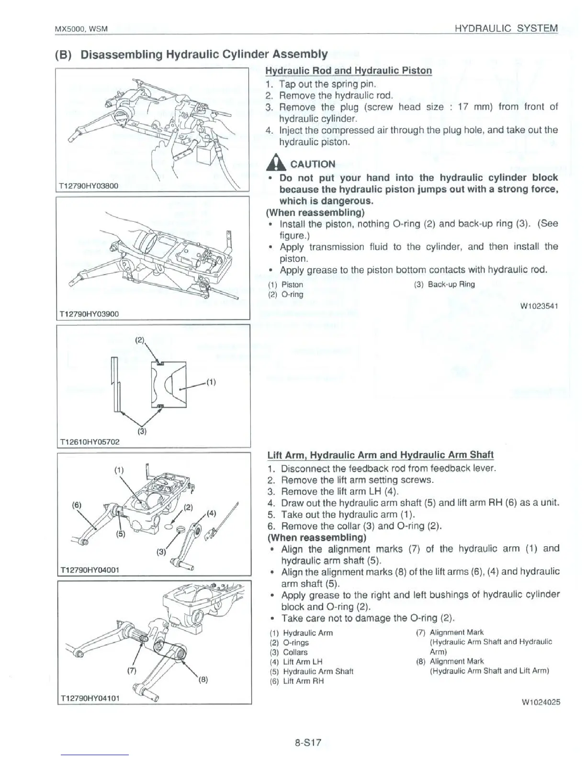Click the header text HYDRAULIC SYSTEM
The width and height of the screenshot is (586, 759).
(506, 28)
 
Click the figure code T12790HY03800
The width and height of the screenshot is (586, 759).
(88, 186)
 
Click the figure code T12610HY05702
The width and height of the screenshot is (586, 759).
(88, 441)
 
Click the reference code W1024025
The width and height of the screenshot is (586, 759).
(541, 702)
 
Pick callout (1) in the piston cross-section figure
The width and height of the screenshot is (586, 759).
(211, 382)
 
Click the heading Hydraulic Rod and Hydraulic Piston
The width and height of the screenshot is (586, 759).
(349, 70)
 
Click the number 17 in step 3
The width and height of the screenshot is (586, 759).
(462, 106)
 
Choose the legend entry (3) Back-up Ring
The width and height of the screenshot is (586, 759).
(444, 284)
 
